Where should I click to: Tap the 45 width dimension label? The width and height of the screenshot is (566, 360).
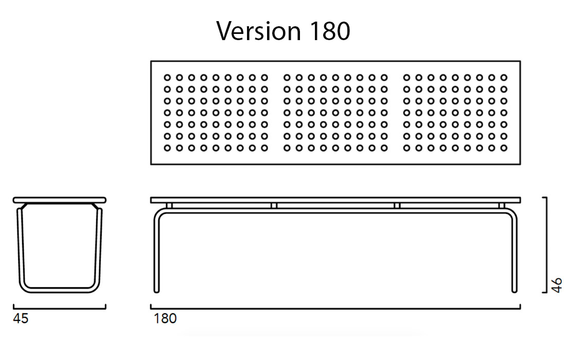[21, 319]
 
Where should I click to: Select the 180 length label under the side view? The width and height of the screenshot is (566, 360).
[165, 319]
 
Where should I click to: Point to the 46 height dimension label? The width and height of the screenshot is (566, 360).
[557, 285]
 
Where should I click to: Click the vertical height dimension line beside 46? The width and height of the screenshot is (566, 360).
[545, 244]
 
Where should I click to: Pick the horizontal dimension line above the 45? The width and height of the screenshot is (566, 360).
[59, 309]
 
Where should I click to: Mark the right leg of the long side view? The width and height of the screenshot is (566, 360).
[514, 252]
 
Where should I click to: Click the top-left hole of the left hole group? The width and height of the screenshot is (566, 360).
[167, 78]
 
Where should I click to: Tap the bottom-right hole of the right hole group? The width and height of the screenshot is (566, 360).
[504, 148]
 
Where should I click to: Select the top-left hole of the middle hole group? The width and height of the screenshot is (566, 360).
[287, 78]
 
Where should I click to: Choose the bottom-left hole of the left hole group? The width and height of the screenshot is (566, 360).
[167, 148]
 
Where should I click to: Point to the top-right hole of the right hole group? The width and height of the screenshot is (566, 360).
[504, 78]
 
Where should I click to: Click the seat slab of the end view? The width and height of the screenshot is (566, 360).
[59, 200]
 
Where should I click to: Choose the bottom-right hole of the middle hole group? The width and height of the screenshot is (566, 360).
[384, 148]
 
